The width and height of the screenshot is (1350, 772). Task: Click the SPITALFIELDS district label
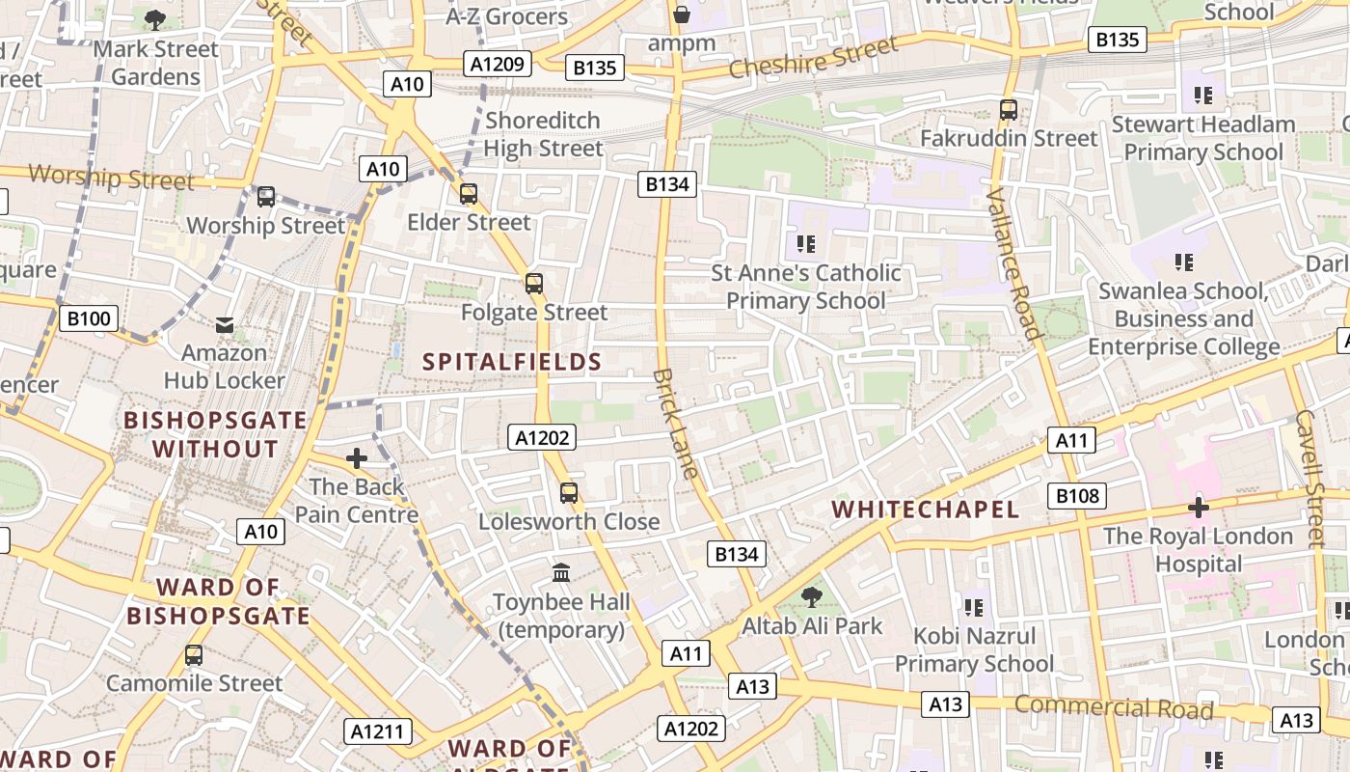point(512,362)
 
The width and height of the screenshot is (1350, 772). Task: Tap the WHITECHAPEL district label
point(925,510)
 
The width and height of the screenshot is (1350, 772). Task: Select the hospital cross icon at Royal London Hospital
point(1199,507)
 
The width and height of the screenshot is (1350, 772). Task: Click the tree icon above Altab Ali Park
point(812,596)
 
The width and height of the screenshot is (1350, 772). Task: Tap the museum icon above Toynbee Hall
point(561,572)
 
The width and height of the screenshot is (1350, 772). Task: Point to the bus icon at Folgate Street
point(533,284)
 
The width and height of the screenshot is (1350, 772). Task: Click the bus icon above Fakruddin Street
point(1009,110)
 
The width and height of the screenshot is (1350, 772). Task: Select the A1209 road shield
point(498,65)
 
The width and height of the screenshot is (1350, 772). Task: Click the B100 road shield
point(89,318)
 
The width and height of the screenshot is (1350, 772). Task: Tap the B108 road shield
point(1077,496)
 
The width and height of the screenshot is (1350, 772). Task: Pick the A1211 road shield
point(377,731)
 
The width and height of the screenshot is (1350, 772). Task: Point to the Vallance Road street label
point(1014,264)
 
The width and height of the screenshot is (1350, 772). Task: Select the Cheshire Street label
point(813,57)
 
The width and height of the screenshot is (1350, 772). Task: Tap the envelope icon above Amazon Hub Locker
point(225,325)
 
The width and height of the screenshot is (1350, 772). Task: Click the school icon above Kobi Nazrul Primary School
point(974,607)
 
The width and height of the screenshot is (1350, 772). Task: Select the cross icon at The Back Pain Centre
point(357,458)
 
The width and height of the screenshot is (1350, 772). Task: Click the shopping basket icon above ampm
point(682,14)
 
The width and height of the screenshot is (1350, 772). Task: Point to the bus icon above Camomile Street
point(194,655)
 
